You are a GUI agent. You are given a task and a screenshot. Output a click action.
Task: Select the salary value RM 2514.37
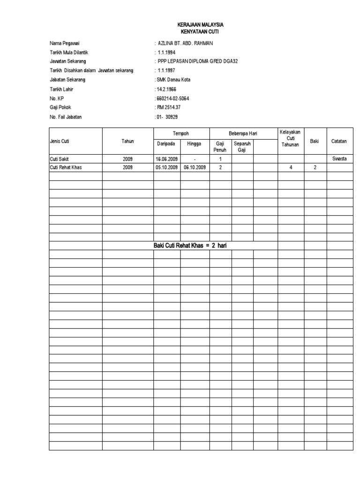coord(170,107)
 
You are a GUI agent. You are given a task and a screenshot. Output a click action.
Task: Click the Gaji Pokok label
coord(60,107)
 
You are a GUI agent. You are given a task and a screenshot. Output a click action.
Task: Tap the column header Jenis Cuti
coord(60,141)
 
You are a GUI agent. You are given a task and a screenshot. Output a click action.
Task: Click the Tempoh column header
coord(181,134)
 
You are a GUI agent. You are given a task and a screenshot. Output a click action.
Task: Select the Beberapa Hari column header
coord(243,134)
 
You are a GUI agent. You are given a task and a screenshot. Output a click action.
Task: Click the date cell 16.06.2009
coord(167,159)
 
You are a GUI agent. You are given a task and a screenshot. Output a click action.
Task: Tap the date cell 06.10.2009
coord(195,167)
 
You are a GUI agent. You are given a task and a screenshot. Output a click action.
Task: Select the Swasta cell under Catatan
coord(339,159)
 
